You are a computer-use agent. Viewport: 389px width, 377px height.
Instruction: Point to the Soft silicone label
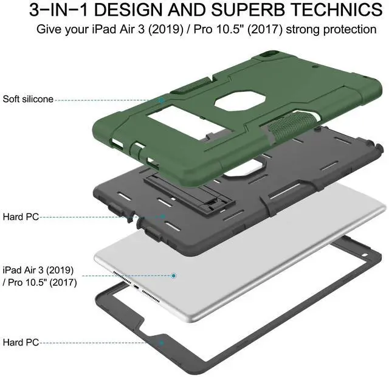point(28,99)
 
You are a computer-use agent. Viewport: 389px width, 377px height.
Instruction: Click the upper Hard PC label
point(21,216)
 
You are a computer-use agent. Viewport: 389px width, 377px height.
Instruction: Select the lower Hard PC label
point(21,343)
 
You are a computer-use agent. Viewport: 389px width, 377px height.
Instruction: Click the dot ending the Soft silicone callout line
point(162,99)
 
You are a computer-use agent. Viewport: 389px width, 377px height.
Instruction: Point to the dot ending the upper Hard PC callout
point(162,216)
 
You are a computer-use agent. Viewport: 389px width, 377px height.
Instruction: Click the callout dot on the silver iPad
point(174,275)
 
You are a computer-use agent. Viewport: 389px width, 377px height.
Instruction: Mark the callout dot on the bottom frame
point(162,343)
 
